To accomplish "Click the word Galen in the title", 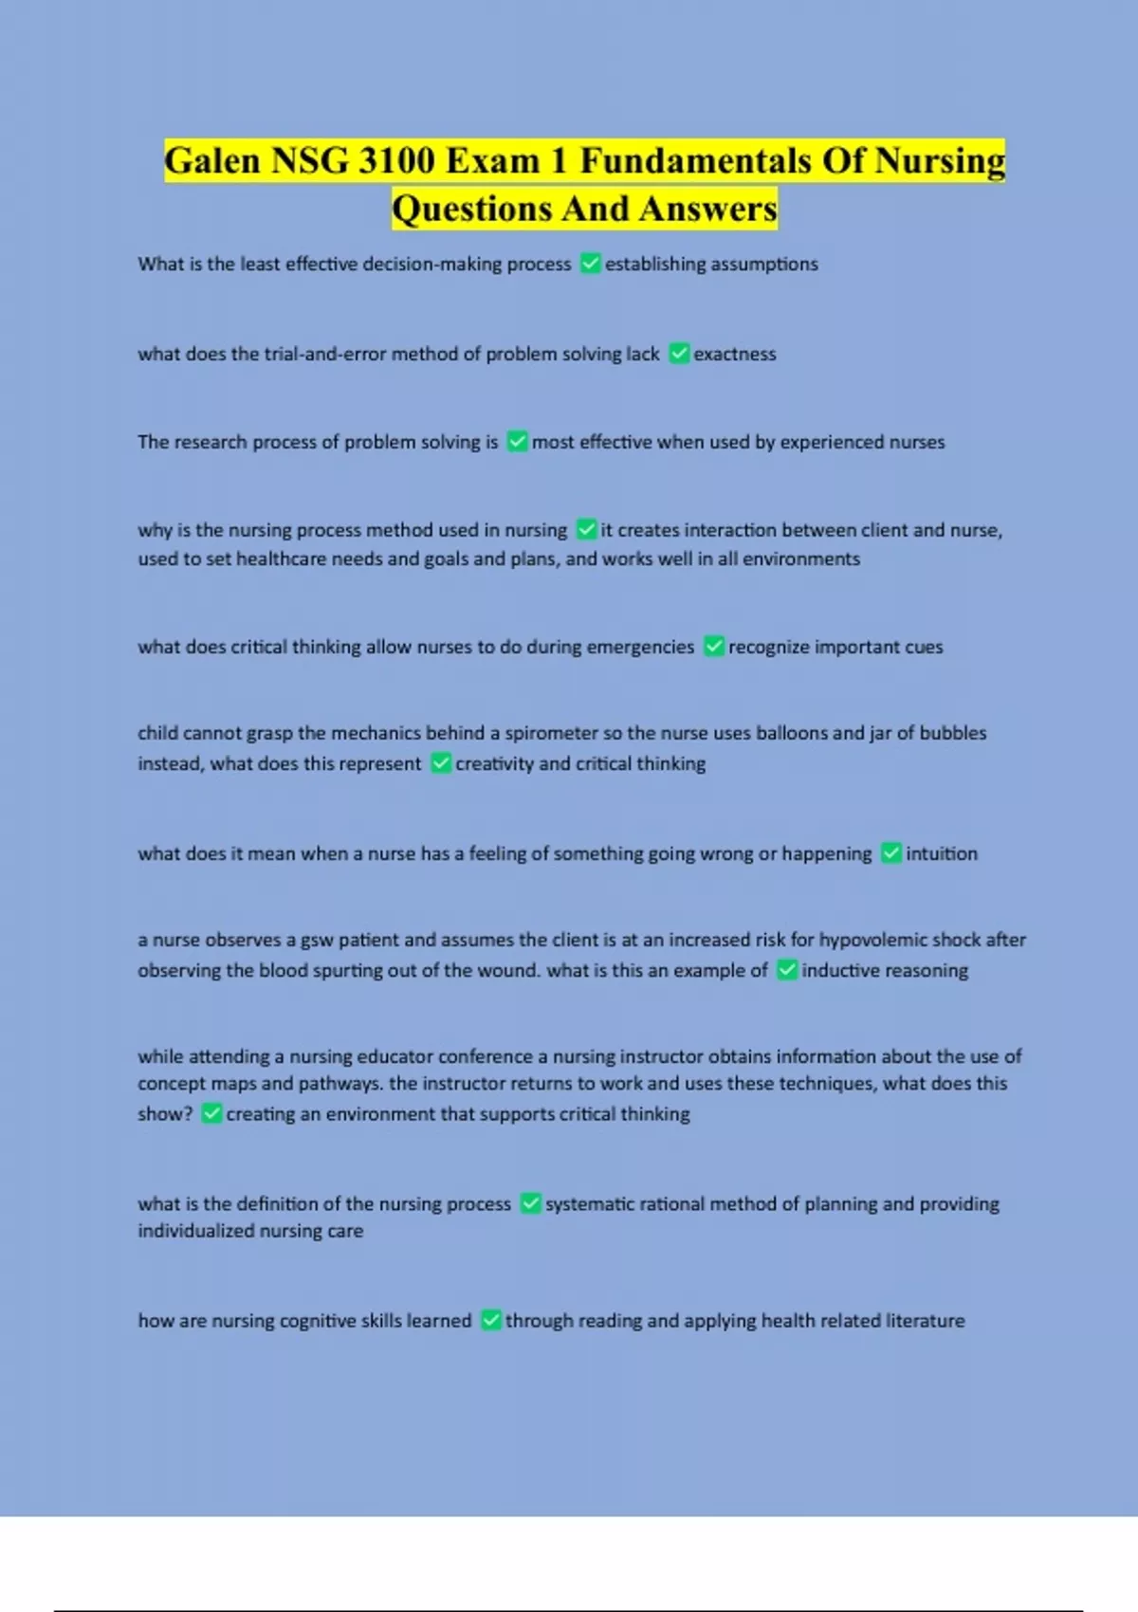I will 212,161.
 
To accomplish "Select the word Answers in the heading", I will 707,209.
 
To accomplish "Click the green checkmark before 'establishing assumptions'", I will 590,264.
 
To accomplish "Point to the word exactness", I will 735,354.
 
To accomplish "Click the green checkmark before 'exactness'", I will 679,354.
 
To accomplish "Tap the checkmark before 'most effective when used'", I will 517,442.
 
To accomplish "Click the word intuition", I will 941,853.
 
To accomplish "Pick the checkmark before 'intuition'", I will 891,853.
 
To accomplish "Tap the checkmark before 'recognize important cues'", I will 714,647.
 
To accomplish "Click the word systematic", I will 590,1203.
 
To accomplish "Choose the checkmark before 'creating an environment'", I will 211,1113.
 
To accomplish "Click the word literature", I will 925,1320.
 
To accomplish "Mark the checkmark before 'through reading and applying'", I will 491,1320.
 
